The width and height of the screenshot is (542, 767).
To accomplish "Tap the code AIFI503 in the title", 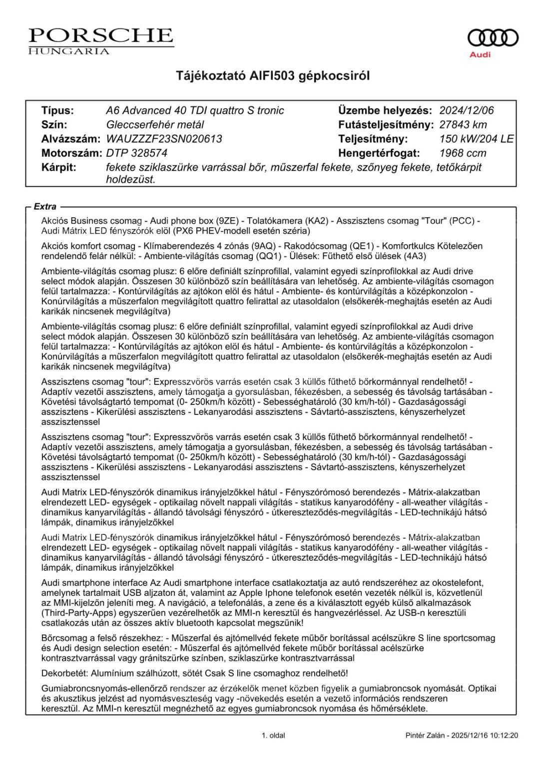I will click(x=273, y=76).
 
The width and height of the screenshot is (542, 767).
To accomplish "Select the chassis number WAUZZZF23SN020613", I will click(x=164, y=139).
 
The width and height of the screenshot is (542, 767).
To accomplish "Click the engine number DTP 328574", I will click(x=137, y=153).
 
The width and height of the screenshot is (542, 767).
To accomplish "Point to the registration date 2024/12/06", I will click(x=466, y=111).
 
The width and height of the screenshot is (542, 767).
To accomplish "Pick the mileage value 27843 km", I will click(x=463, y=125).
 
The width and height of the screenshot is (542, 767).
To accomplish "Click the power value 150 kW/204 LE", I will click(x=476, y=139).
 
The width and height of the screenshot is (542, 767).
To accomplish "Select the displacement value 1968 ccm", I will click(x=463, y=153).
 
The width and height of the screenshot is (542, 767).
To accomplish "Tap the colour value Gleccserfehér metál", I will click(x=155, y=125).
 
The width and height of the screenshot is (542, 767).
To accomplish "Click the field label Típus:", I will click(x=57, y=111).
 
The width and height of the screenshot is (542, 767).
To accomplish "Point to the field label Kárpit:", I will click(x=58, y=167).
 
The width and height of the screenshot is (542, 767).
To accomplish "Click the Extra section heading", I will click(x=45, y=207).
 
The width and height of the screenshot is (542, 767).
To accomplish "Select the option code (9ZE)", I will click(x=226, y=221).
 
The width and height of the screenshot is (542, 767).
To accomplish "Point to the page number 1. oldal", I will click(x=273, y=736).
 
